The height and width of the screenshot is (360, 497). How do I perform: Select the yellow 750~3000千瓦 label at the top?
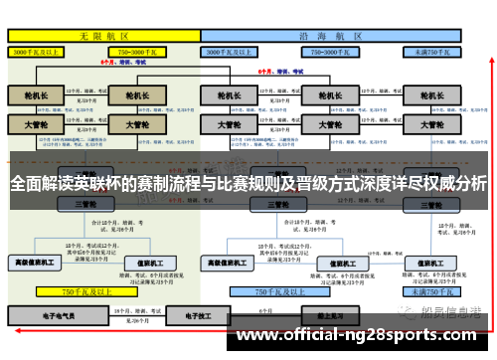point(147,50)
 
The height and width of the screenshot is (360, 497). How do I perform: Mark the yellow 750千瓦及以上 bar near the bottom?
point(84,292)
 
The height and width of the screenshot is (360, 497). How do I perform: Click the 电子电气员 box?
point(62,314)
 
